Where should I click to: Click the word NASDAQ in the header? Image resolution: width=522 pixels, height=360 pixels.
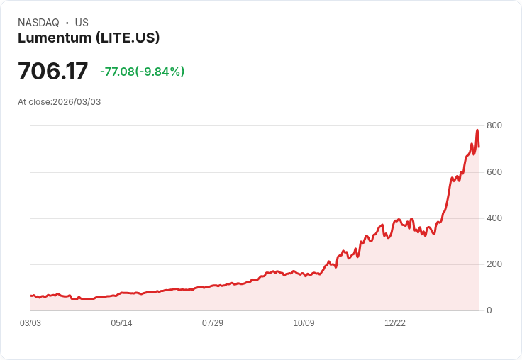38,23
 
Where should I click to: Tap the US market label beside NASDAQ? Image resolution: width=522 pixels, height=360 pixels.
82,23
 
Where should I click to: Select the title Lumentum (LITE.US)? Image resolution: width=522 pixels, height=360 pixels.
89,38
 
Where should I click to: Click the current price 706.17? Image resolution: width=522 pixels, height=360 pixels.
52,72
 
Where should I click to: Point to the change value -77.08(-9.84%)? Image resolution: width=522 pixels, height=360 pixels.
142,72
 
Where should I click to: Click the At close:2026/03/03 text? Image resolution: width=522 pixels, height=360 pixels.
60,102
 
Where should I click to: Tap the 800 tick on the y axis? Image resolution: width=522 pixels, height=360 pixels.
494,125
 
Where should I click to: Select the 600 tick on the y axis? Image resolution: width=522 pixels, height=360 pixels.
494,172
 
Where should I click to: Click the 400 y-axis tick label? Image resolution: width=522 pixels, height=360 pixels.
494,218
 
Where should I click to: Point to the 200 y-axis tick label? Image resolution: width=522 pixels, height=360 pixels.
494,264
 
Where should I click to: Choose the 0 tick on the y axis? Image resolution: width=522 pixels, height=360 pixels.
489,310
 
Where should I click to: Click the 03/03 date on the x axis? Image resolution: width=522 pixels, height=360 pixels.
30,323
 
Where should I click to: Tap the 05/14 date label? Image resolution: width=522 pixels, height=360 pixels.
121,323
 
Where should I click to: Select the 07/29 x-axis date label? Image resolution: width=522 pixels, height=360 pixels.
213,323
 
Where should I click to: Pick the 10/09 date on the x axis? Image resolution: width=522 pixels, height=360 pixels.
304,323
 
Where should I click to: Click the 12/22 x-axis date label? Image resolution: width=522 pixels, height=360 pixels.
395,323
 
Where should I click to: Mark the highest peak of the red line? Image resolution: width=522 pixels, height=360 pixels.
477,130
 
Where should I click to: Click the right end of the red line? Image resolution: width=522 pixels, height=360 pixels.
479,147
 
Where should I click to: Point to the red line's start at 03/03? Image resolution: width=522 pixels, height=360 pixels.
31,296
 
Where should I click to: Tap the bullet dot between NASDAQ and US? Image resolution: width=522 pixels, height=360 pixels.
67,23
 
